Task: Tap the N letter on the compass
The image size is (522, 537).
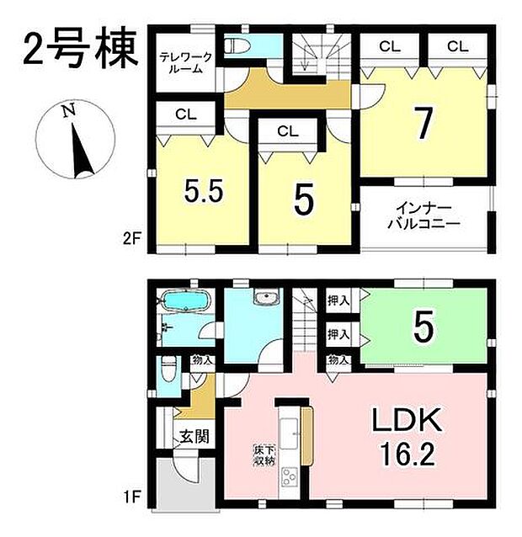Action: tap(72, 109)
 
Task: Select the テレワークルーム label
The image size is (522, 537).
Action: tap(185, 63)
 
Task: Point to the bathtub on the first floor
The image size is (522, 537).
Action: tap(184, 301)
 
